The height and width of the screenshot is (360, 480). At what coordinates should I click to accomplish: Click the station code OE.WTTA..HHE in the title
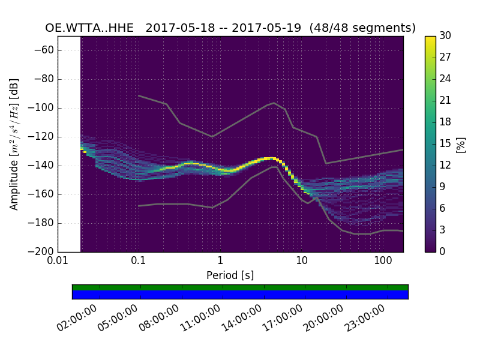click(92, 28)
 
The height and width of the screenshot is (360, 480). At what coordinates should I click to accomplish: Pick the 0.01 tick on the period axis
click(58, 261)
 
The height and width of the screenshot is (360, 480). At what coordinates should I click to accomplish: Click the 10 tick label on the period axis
click(302, 261)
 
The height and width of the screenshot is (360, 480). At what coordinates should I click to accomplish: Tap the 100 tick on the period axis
click(383, 261)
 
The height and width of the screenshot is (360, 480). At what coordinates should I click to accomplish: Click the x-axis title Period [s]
click(230, 275)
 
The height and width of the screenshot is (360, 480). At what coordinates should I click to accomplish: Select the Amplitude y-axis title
click(14, 144)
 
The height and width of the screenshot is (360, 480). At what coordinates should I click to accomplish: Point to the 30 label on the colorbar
click(445, 36)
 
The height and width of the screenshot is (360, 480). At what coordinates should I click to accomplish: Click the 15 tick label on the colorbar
click(445, 143)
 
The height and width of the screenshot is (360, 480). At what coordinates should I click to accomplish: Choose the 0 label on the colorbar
click(443, 251)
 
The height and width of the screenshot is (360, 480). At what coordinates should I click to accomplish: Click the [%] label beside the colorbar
click(461, 144)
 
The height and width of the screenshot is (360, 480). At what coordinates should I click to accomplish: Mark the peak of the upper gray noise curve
click(274, 103)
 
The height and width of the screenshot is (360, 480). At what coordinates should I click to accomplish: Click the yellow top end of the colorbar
click(430, 38)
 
